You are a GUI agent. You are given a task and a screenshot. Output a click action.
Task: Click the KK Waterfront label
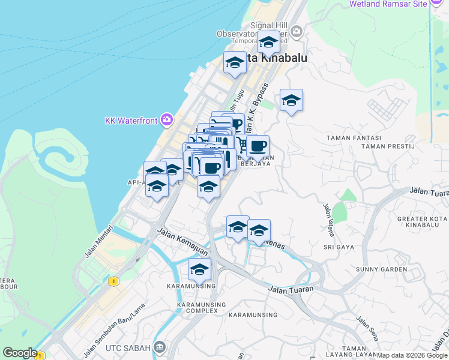point(130,121)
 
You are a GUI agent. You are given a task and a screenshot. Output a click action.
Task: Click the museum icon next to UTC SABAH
point(160,347)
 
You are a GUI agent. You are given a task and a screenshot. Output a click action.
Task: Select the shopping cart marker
point(243,145)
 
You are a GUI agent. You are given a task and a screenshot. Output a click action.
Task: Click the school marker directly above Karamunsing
point(199,270)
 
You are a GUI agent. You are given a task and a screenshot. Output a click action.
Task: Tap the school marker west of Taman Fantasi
point(291,101)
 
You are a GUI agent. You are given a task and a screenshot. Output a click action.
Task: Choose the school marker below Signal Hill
point(268,42)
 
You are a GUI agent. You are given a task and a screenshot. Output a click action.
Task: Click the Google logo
point(19,353)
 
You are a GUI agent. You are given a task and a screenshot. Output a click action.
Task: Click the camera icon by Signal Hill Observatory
point(295,31)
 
